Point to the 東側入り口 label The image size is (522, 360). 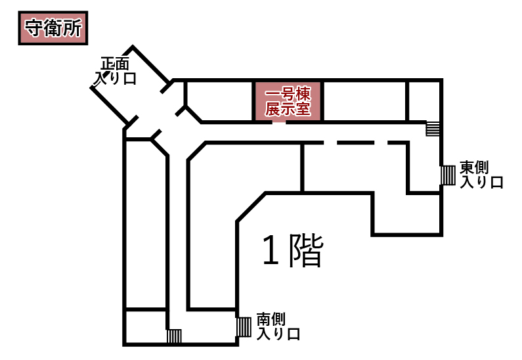[481, 175]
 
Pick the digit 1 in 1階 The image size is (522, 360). [270, 252]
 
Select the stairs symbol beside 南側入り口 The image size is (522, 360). [244, 326]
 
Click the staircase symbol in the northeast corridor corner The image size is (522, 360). [433, 128]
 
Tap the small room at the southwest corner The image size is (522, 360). [145, 326]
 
